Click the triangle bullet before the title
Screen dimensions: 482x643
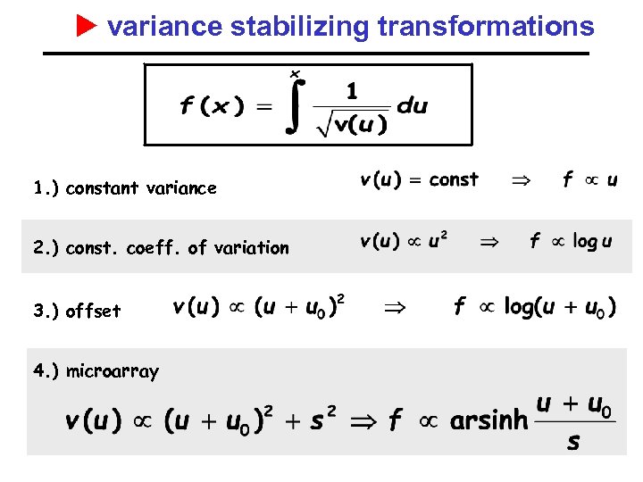coord(86,26)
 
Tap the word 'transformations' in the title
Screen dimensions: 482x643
coord(486,27)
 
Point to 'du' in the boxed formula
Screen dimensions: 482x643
coord(412,105)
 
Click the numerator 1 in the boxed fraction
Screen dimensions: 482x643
coord(352,90)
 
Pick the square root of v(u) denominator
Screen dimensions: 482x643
coord(351,123)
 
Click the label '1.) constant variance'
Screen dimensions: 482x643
coord(124,187)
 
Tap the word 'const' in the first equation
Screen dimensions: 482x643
coord(454,179)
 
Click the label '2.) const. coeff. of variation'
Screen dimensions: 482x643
coord(161,247)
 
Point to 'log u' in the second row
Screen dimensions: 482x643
coord(592,241)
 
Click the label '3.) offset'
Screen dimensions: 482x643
coord(77,311)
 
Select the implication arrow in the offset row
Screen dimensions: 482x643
coord(394,307)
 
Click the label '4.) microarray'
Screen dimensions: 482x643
coord(96,370)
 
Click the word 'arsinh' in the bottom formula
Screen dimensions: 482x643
coord(489,420)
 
